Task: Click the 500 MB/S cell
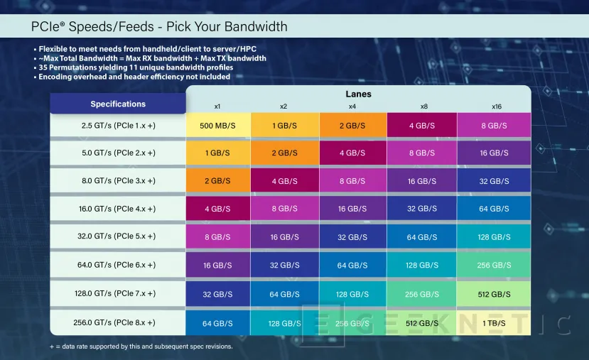click(x=217, y=125)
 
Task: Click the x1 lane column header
click(x=217, y=106)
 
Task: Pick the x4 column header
click(x=352, y=106)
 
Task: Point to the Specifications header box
click(x=118, y=104)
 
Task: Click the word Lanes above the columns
click(x=358, y=94)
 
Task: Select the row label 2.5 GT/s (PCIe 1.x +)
click(x=118, y=125)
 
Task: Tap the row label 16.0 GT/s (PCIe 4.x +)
click(x=118, y=209)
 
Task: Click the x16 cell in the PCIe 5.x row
click(x=494, y=237)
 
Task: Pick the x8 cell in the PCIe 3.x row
click(x=421, y=181)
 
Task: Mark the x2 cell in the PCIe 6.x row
click(x=283, y=265)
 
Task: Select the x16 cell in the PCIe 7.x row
click(x=494, y=293)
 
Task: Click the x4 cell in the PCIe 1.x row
click(x=352, y=125)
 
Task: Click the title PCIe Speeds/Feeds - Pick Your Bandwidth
click(x=159, y=27)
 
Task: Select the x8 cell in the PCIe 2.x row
click(x=421, y=153)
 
